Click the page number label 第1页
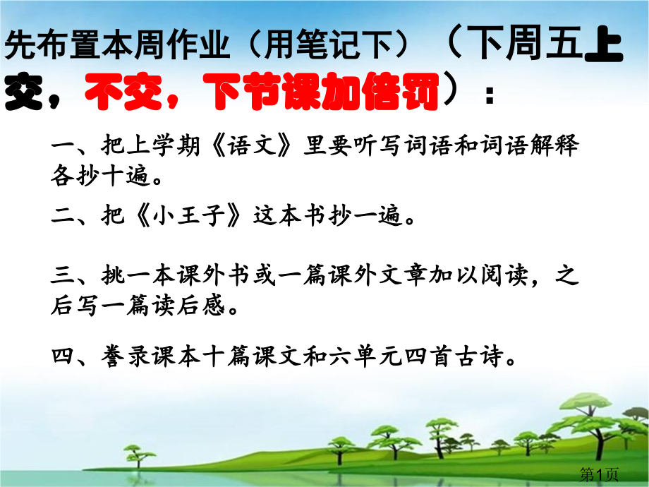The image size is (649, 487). click(x=599, y=474)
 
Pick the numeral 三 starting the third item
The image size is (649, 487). click(x=63, y=276)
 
